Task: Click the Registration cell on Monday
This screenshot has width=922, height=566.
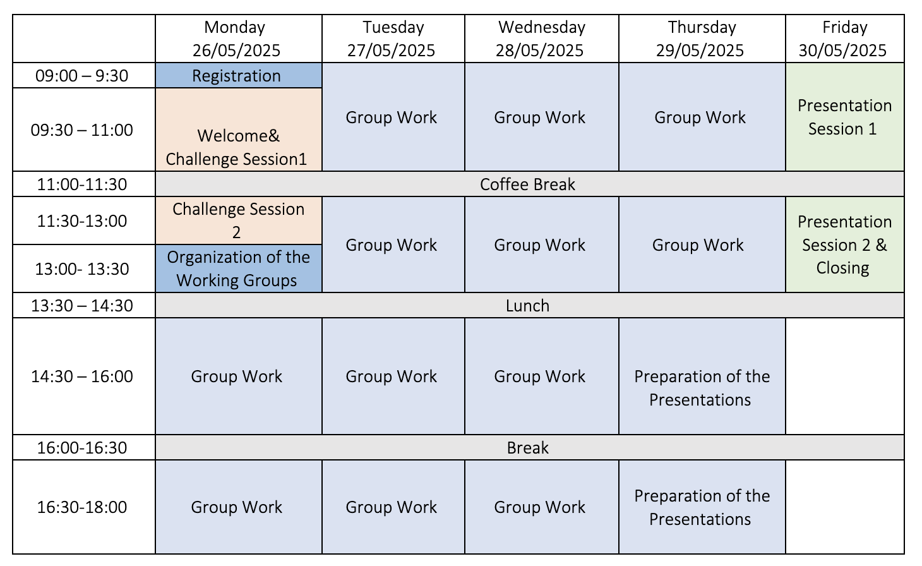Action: [238, 75]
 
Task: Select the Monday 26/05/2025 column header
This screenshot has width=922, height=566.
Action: [238, 39]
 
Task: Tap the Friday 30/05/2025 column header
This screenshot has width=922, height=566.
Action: [844, 39]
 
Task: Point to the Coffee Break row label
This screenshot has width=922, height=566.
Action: [527, 184]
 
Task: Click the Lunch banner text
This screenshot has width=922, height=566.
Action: [527, 306]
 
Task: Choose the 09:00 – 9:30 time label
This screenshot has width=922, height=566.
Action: [81, 75]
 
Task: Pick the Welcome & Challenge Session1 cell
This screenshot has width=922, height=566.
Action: [238, 129]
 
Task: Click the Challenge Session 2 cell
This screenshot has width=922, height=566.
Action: [238, 220]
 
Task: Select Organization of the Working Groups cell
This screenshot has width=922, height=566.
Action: [238, 268]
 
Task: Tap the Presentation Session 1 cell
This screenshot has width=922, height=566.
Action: [844, 117]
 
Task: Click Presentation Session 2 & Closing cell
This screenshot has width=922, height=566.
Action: [844, 244]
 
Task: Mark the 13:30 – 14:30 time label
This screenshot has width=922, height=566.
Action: [81, 306]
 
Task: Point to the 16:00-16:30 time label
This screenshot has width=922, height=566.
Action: [81, 447]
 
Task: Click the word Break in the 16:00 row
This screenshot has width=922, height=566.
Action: [527, 447]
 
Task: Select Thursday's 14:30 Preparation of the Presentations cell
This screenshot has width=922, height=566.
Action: [702, 376]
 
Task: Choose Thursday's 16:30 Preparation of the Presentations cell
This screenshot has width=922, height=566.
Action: [702, 507]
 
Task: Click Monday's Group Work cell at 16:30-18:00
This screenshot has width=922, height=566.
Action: [238, 507]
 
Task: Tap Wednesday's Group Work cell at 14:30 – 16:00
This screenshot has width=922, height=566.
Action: [542, 376]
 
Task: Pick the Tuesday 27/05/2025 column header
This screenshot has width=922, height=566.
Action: [393, 39]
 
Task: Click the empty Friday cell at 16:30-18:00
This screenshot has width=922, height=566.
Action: [844, 507]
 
